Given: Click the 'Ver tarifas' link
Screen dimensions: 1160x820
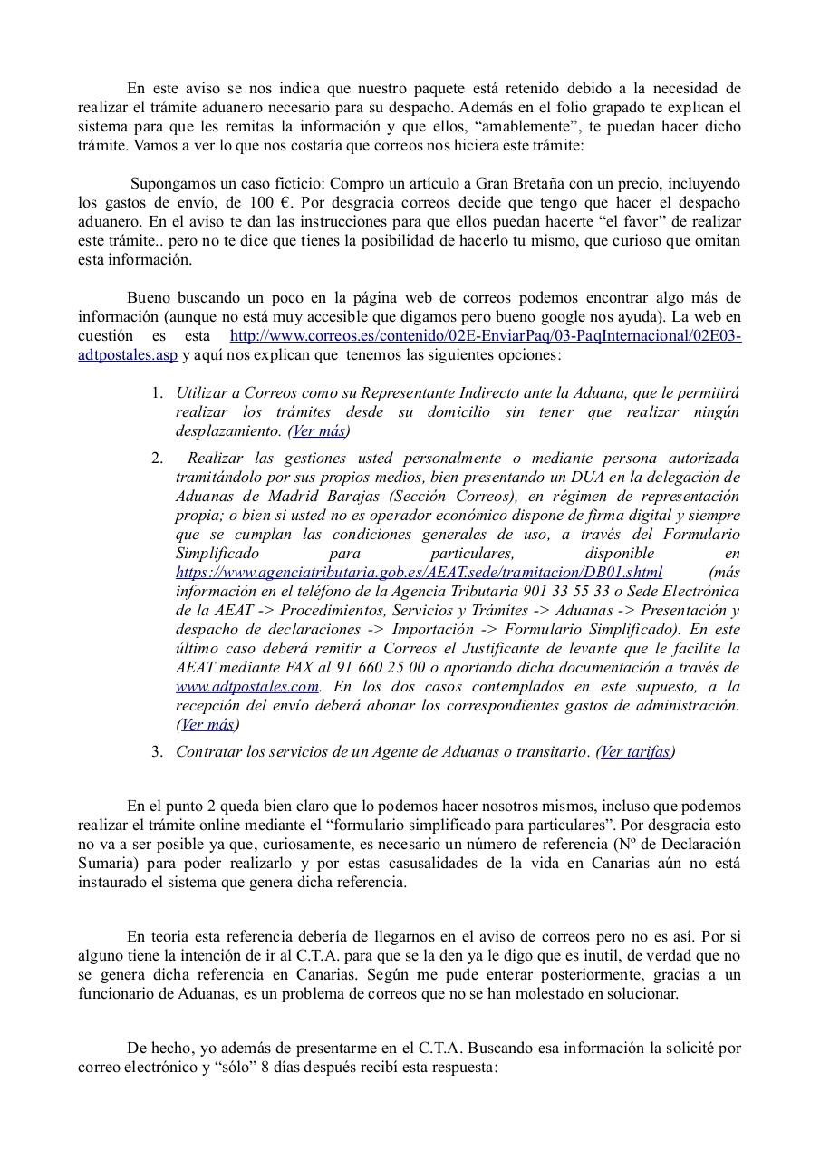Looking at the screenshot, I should pyautogui.click(x=635, y=751).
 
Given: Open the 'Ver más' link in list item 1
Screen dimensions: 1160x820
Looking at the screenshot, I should pyautogui.click(x=319, y=431).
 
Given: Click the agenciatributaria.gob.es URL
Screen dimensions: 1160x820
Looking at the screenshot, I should pyautogui.click(x=419, y=572).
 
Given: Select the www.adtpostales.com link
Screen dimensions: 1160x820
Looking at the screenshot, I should pyautogui.click(x=247, y=686).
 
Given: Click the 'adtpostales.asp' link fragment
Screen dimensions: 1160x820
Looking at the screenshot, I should pyautogui.click(x=128, y=355).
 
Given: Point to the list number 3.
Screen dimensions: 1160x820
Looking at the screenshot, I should pyautogui.click(x=157, y=751).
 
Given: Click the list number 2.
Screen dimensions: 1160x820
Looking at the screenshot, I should pyautogui.click(x=157, y=459).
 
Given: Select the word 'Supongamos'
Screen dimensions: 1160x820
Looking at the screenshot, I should pyautogui.click(x=169, y=184).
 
